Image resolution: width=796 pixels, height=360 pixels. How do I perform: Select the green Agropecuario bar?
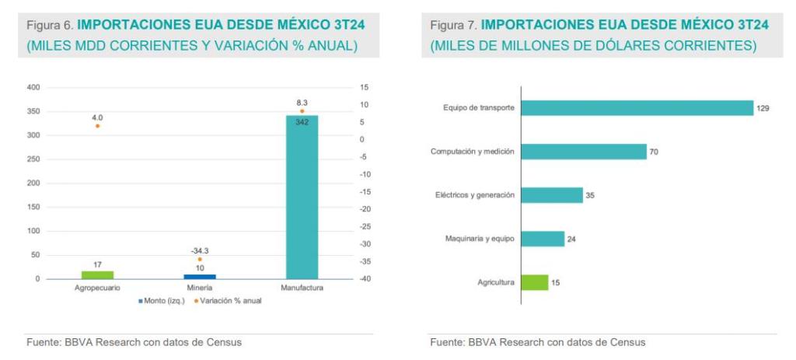point(97,274)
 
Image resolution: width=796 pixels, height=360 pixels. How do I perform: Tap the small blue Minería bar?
point(200,276)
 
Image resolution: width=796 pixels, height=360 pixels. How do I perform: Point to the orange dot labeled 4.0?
point(97,126)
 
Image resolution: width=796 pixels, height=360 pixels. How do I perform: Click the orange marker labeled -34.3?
point(200,260)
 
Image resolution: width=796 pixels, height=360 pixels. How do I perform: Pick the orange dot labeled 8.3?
point(302,111)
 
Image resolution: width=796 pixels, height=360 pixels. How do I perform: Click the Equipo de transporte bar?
point(637,108)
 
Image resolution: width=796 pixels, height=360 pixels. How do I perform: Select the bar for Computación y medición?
point(583,152)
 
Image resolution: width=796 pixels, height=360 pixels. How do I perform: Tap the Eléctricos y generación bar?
point(551,195)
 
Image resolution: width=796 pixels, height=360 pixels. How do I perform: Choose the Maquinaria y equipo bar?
point(542,239)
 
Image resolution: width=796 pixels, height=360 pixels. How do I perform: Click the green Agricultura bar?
point(534,282)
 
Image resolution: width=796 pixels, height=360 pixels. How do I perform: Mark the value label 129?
point(763,109)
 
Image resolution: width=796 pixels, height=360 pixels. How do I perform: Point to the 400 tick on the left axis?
point(33,87)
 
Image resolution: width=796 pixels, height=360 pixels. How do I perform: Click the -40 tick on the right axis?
point(364,279)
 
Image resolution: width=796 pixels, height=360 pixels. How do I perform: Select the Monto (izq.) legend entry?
point(162,301)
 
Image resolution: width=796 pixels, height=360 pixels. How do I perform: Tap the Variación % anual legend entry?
point(230,301)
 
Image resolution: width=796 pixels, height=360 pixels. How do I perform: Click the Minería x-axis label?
point(200,288)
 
